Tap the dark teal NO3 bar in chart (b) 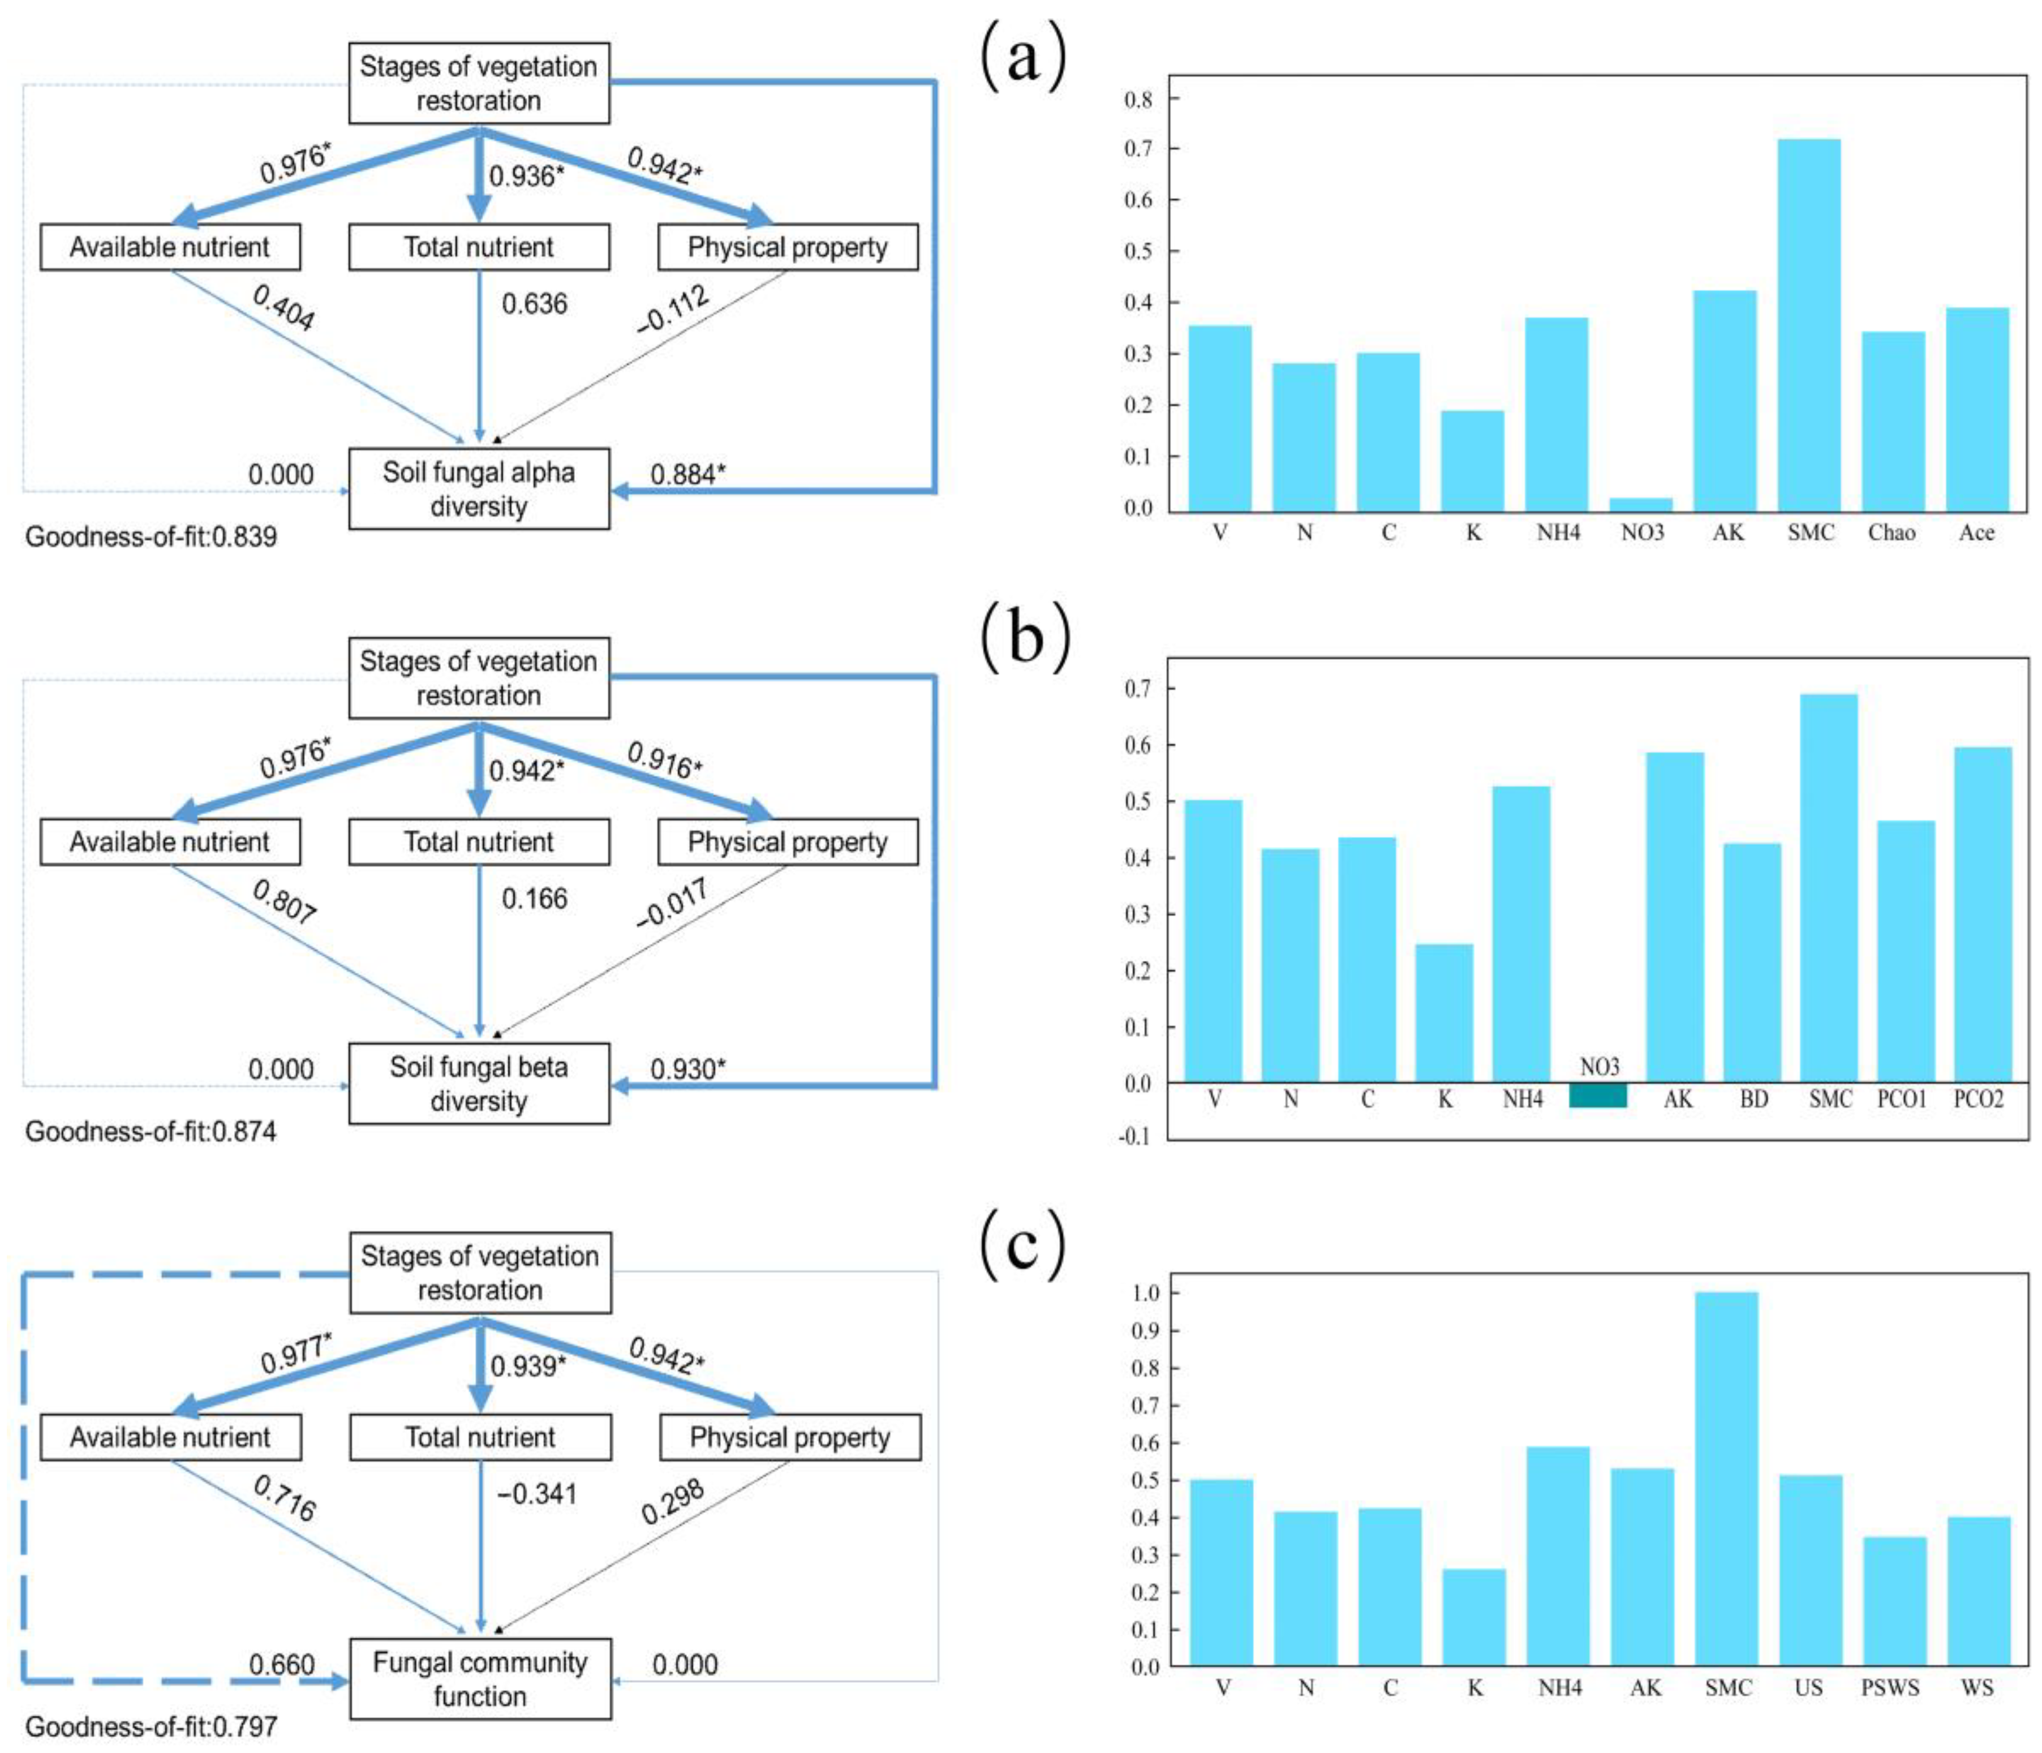click(1597, 1095)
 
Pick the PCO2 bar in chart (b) click(1982, 914)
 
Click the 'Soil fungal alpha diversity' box click(479, 489)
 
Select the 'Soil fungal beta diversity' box click(479, 1084)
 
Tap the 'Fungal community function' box click(480, 1679)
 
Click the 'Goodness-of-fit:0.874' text click(151, 1131)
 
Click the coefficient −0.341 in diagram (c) click(536, 1494)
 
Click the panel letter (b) click(1025, 638)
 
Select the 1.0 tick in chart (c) click(1145, 1293)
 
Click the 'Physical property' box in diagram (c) click(789, 1438)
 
